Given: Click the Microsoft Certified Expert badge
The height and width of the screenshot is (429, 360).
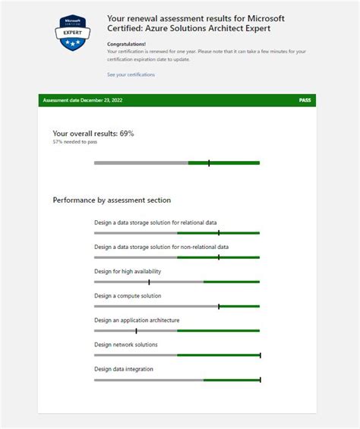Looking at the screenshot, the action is [x=73, y=34].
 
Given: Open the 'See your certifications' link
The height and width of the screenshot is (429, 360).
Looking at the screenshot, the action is [x=131, y=74].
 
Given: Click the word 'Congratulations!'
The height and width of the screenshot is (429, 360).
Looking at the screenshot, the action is [x=127, y=44].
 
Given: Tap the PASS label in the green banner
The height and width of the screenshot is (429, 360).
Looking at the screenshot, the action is [x=305, y=100].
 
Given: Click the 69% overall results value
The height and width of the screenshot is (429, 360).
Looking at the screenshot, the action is [x=127, y=134].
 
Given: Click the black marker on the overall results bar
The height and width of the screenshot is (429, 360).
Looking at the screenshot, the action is [x=209, y=162].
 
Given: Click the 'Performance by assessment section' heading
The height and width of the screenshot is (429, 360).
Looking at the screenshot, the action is [x=112, y=200].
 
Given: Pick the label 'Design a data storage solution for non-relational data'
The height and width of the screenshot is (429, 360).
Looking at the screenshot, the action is [x=161, y=247].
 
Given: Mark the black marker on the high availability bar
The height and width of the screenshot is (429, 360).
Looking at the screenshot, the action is [x=149, y=282].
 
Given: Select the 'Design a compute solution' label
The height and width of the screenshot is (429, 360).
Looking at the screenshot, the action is [x=128, y=295].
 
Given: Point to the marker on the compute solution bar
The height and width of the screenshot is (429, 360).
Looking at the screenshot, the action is [x=219, y=306].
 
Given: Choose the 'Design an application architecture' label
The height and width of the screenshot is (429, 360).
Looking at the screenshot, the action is [x=137, y=320].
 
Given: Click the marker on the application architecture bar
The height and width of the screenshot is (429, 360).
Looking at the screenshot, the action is [x=136, y=330].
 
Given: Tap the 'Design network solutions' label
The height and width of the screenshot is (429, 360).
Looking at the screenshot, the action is [x=126, y=345].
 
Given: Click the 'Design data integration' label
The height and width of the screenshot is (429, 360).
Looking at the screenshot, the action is [x=124, y=369].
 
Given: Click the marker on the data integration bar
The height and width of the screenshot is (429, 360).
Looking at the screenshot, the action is [x=260, y=380].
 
